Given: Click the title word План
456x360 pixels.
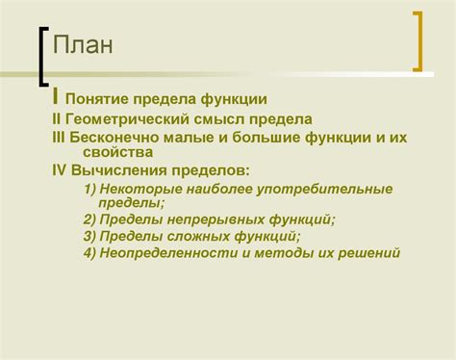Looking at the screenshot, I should click(x=84, y=46).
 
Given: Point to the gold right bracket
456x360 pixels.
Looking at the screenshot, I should click(x=417, y=40).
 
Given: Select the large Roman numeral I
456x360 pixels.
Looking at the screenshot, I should click(x=57, y=96).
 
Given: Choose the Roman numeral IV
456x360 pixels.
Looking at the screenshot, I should click(x=60, y=170).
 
